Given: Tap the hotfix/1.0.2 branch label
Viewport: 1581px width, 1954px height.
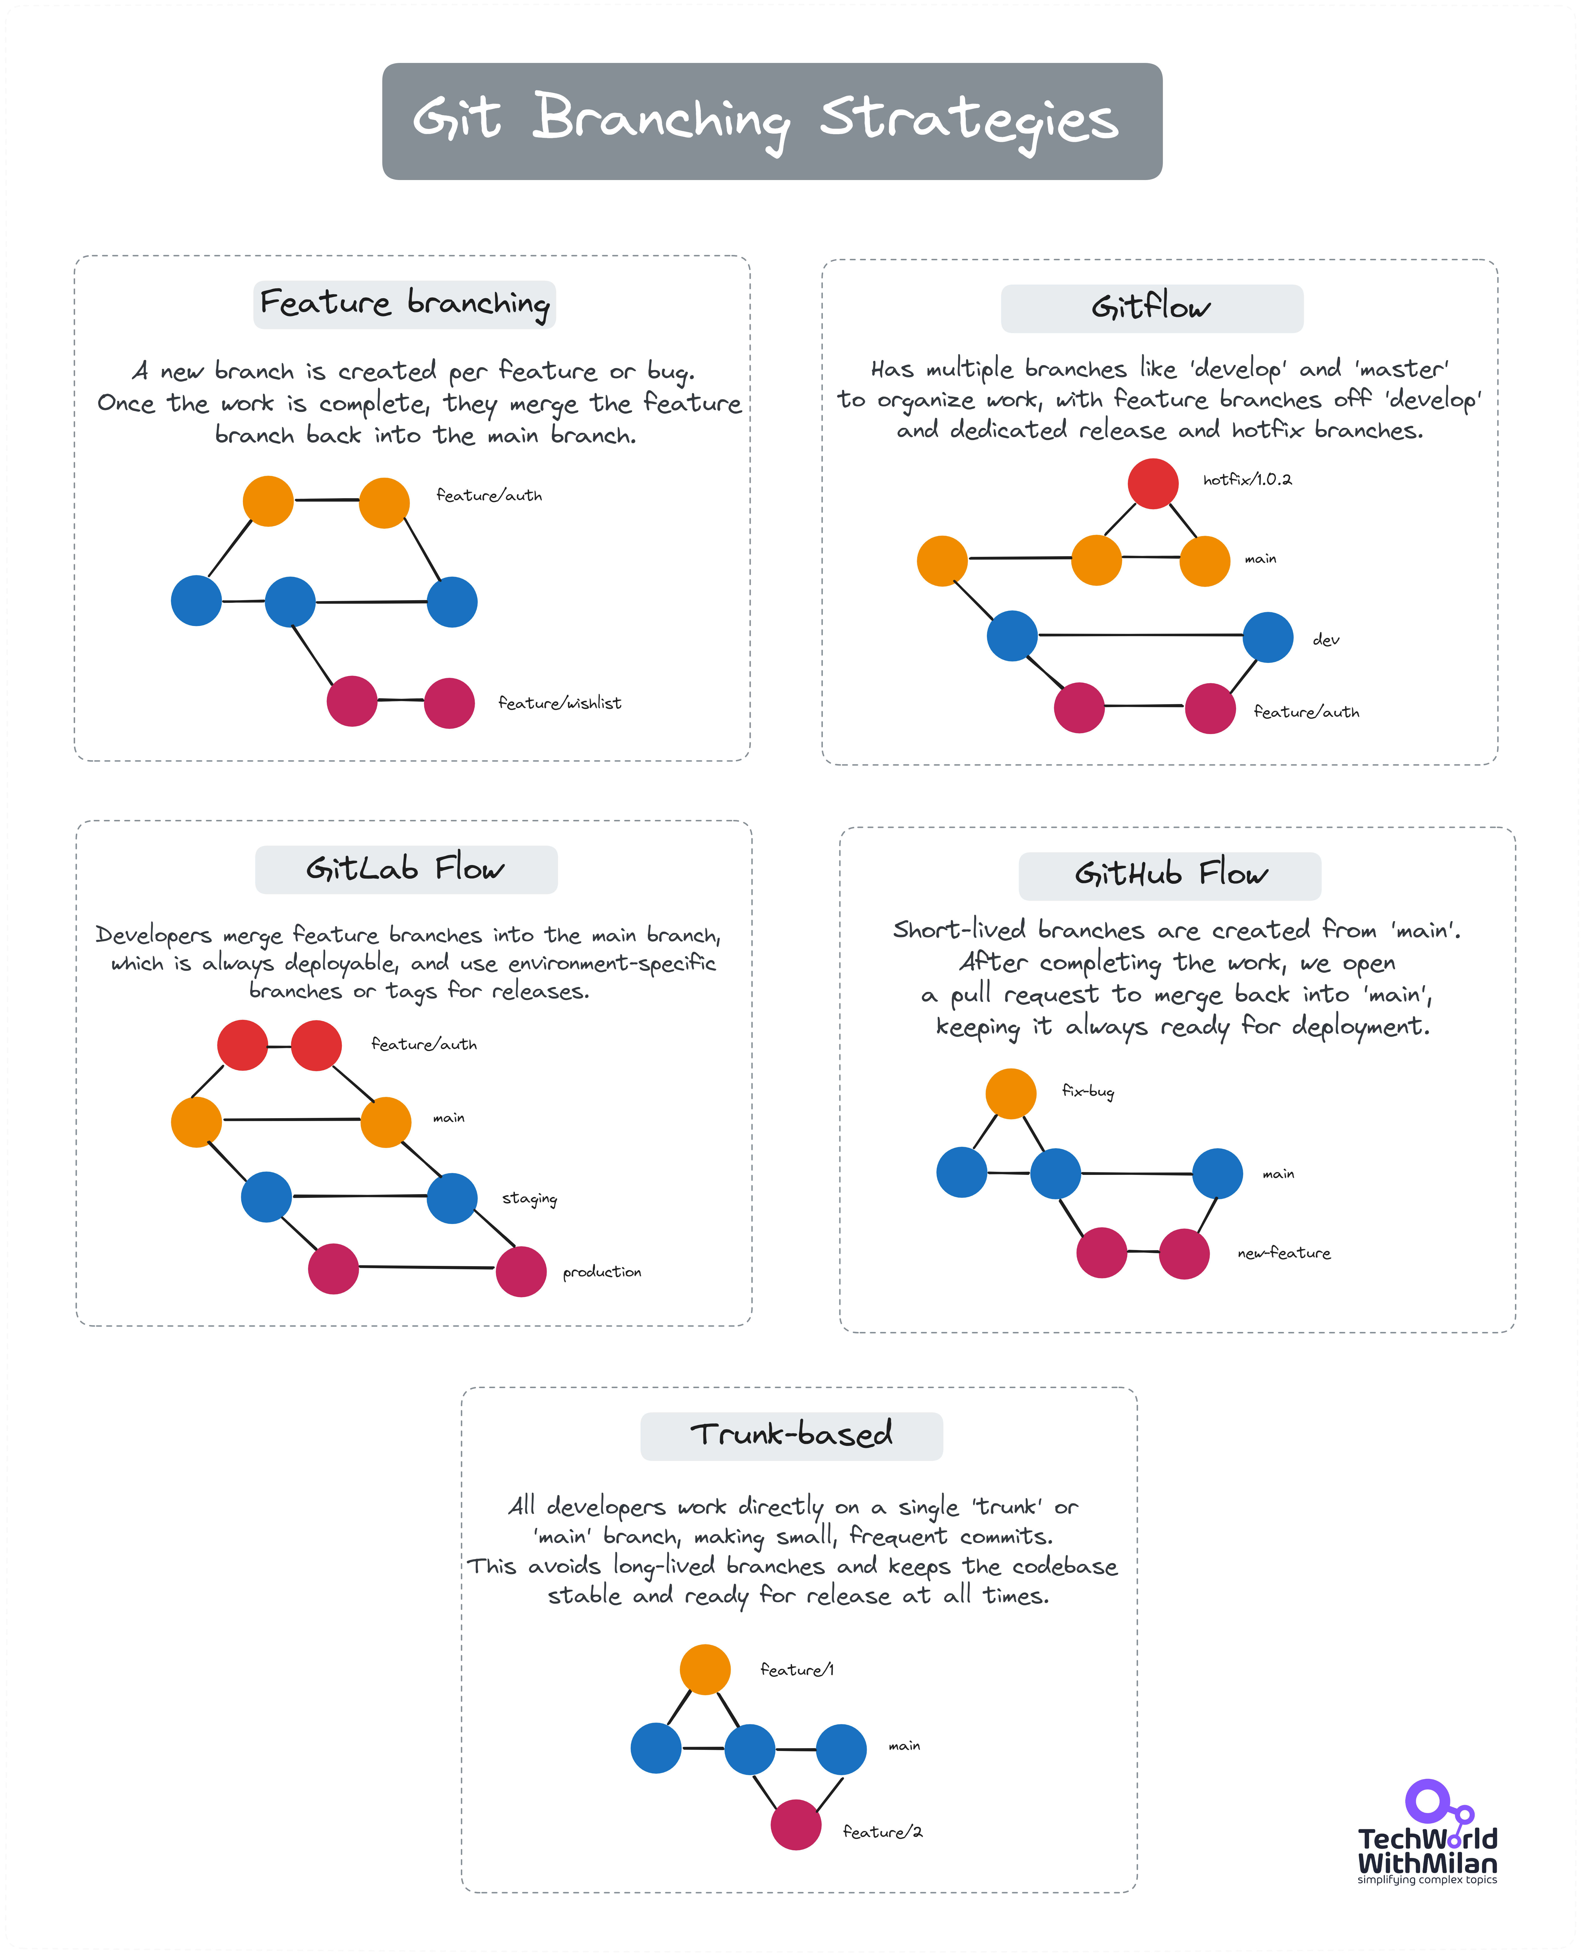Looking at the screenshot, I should (x=1247, y=480).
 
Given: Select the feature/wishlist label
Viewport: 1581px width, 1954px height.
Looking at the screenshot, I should (x=559, y=703).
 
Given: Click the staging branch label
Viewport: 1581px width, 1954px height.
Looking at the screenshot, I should (x=529, y=1199).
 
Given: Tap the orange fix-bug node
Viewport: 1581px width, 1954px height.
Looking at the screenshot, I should (x=1011, y=1093).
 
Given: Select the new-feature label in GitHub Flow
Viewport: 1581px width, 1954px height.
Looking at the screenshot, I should (x=1283, y=1253).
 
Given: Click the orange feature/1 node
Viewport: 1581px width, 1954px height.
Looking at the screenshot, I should (x=705, y=1670).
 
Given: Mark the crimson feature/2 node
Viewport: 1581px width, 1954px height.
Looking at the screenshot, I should (x=796, y=1825).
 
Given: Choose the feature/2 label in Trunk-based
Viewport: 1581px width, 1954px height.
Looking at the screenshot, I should (x=881, y=1832).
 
